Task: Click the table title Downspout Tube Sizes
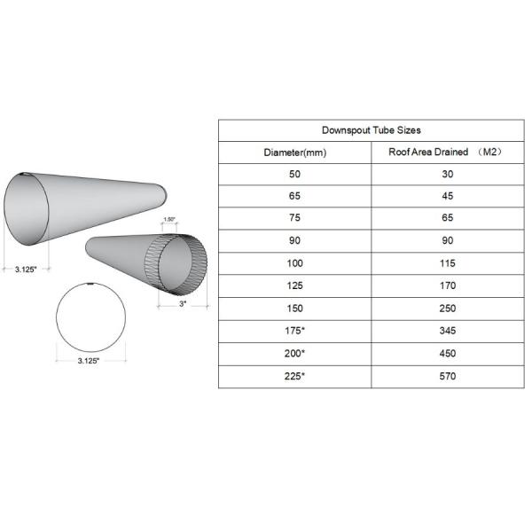pyautogui.click(x=371, y=130)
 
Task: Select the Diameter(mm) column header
pyautogui.click(x=295, y=153)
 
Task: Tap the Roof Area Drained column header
pyautogui.click(x=446, y=153)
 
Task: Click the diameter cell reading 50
pyautogui.click(x=295, y=175)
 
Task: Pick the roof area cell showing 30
pyautogui.click(x=446, y=175)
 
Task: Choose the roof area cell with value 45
pyautogui.click(x=446, y=197)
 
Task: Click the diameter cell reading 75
pyautogui.click(x=295, y=219)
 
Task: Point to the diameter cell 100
pyautogui.click(x=295, y=263)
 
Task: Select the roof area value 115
pyautogui.click(x=446, y=263)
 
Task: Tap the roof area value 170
pyautogui.click(x=446, y=286)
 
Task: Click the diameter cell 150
pyautogui.click(x=295, y=309)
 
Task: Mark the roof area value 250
pyautogui.click(x=446, y=309)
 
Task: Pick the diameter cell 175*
pyautogui.click(x=295, y=331)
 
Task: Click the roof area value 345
pyautogui.click(x=446, y=331)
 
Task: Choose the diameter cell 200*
pyautogui.click(x=295, y=354)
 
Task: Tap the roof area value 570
pyautogui.click(x=446, y=376)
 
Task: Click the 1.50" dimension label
pyautogui.click(x=169, y=218)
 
